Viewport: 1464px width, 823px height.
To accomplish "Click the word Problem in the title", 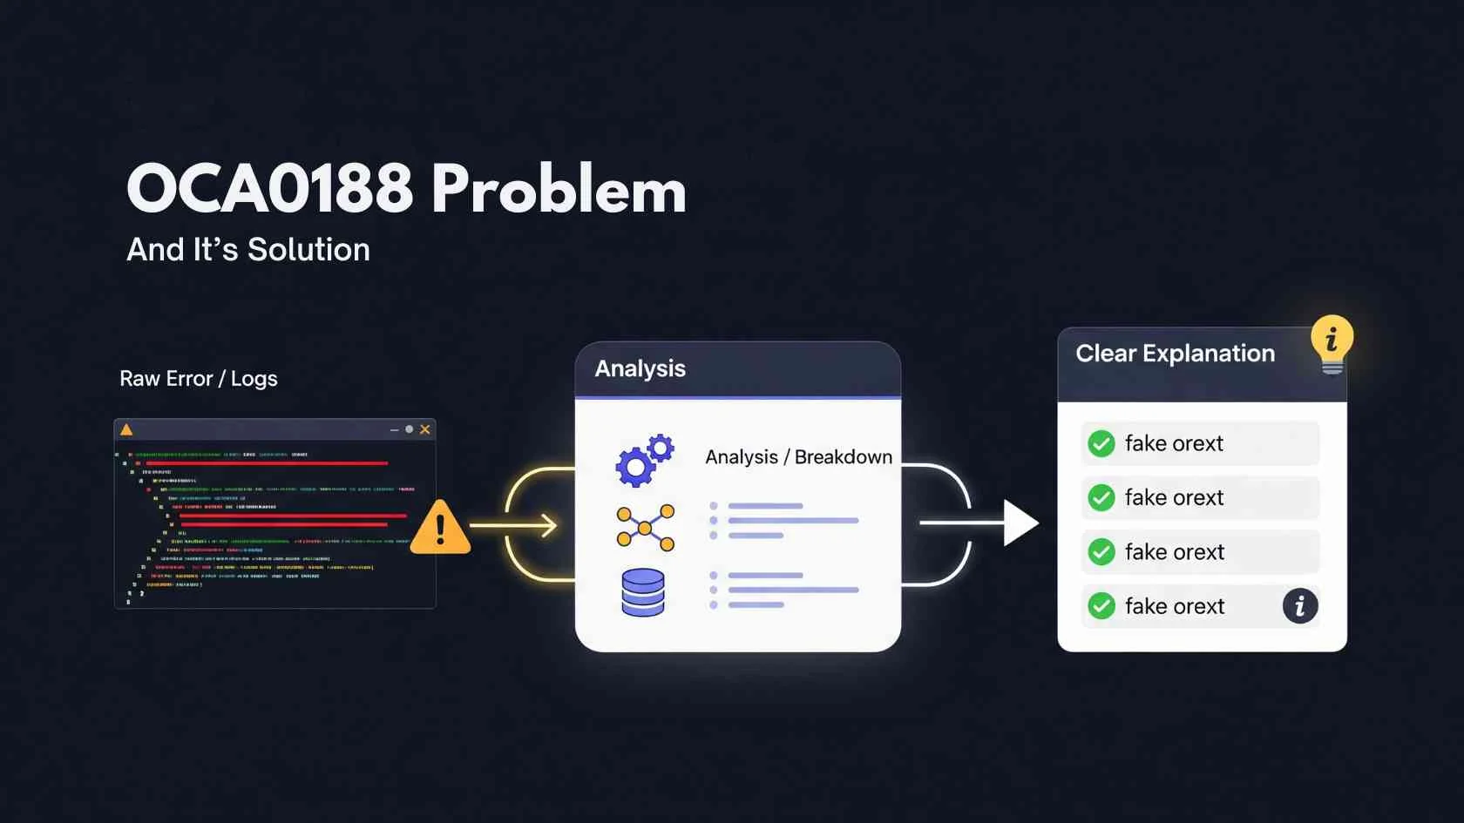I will tap(559, 189).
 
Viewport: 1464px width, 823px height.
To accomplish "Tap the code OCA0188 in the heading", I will tap(270, 189).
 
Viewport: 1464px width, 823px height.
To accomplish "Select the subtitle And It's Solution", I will tap(248, 250).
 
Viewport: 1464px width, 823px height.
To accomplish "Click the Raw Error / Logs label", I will tap(199, 379).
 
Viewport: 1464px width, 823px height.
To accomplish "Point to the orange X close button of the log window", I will tap(425, 429).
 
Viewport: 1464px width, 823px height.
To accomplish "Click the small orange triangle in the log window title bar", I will tap(126, 429).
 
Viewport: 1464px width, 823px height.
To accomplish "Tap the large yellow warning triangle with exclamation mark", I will tap(440, 529).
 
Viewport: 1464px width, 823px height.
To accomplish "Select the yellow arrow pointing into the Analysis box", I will tap(514, 525).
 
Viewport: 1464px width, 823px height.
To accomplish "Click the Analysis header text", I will tap(640, 369).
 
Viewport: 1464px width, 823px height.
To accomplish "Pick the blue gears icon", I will tap(645, 460).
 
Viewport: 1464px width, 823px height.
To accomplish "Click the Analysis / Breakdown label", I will tap(798, 457).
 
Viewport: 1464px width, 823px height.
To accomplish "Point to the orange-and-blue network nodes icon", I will tap(646, 528).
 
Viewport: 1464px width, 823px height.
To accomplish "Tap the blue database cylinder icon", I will tap(643, 592).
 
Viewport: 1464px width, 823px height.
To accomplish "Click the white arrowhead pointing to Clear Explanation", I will tap(1020, 523).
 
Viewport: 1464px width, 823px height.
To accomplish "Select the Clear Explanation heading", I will tap(1175, 354).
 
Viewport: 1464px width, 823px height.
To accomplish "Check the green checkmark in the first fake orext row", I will tap(1101, 444).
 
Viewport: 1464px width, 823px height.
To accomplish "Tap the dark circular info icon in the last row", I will tap(1299, 606).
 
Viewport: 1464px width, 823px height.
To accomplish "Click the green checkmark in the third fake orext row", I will tap(1101, 552).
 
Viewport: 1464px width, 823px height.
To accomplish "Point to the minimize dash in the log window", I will tap(394, 430).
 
